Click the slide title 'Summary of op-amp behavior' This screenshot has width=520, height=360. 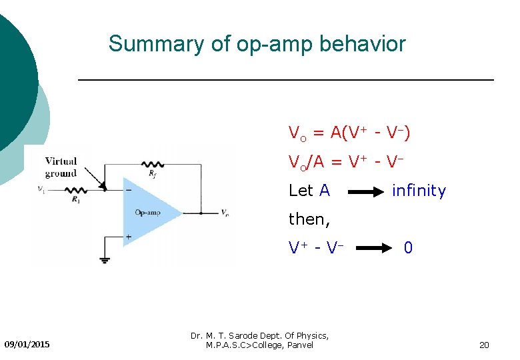[x=257, y=44]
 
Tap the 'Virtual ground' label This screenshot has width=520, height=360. [x=61, y=167]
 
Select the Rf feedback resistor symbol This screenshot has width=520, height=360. [x=154, y=164]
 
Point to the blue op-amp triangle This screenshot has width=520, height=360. [x=150, y=212]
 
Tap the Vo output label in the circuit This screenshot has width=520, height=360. [x=225, y=213]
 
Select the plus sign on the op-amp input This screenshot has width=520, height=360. [x=128, y=237]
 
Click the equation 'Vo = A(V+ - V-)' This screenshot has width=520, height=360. [x=349, y=133]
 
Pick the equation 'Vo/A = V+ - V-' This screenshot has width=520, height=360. [x=347, y=162]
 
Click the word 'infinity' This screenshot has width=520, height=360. [x=419, y=191]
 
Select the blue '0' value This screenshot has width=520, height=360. [x=408, y=248]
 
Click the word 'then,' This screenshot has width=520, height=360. [x=308, y=219]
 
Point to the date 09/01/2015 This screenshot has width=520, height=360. [x=27, y=344]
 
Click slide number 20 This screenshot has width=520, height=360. [x=484, y=345]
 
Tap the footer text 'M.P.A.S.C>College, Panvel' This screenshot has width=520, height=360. [x=259, y=345]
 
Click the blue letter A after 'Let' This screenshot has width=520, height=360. [x=325, y=191]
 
